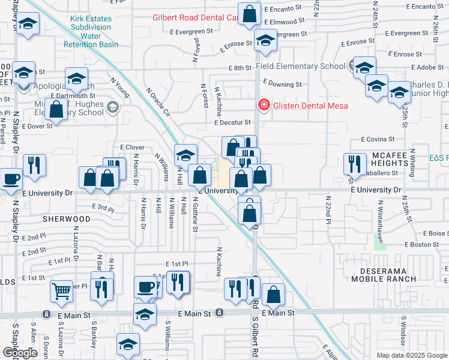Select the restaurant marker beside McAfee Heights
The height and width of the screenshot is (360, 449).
tap(355, 163)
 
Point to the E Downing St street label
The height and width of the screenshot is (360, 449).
tap(282, 85)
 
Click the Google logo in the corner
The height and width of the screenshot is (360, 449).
tap(20, 353)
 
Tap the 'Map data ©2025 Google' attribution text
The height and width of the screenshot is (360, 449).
tap(411, 355)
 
